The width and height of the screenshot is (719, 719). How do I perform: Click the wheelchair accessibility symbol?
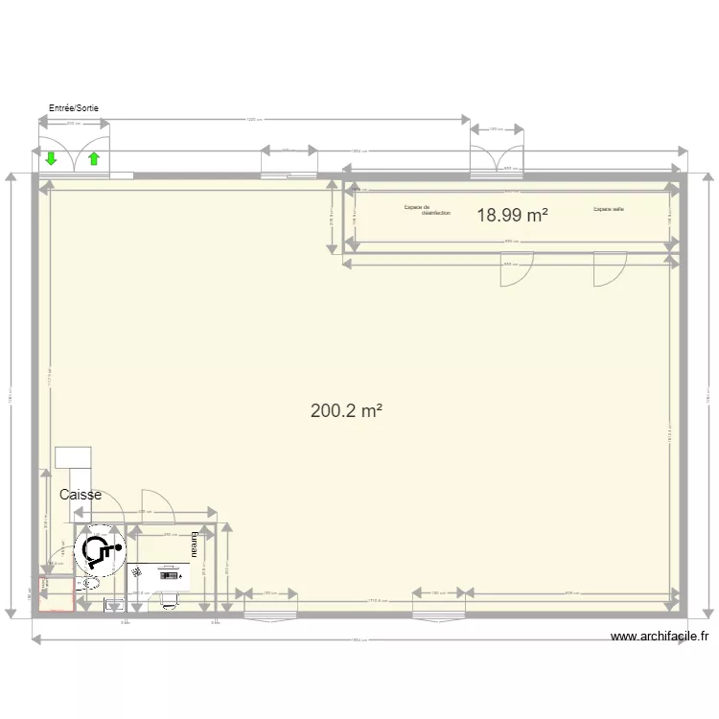tap(100, 550)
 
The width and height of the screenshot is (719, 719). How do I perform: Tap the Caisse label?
tap(81, 495)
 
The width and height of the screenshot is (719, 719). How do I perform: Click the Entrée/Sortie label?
tap(74, 108)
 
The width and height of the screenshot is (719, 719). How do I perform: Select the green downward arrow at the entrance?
tap(50, 159)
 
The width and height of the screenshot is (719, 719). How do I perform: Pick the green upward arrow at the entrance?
tap(94, 159)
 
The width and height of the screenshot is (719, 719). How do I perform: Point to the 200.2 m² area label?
tap(346, 410)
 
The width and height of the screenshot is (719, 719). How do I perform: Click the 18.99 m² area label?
tap(512, 216)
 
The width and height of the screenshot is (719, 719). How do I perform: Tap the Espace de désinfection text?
tap(427, 210)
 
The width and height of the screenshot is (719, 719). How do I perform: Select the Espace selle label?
tap(608, 209)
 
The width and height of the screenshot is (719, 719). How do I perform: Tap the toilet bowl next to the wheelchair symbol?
tap(92, 582)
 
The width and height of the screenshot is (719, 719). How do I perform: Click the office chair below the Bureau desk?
tap(171, 598)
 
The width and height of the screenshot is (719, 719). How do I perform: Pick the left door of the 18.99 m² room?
tap(516, 269)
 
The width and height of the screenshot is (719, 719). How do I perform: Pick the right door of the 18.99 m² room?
tap(609, 269)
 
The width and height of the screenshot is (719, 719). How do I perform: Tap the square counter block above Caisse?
tap(73, 457)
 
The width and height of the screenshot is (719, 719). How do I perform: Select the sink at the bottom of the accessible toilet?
tap(114, 604)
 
